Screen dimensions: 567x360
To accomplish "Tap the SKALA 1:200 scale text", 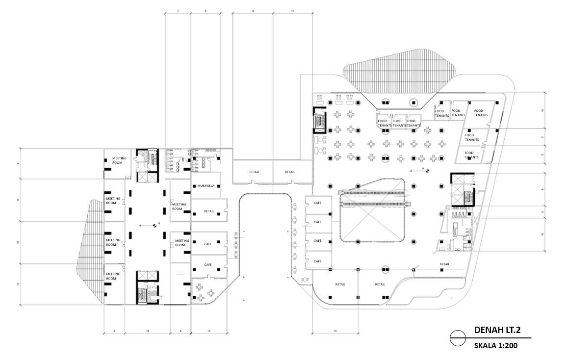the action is (495, 345).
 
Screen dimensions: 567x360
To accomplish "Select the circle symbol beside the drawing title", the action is (458, 338).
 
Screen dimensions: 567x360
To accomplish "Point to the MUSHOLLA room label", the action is (206, 186).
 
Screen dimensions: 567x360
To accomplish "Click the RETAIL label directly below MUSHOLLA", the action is (209, 211).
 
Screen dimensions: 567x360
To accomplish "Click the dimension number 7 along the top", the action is (178, 10).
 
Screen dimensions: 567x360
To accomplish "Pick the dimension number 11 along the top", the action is (292, 10).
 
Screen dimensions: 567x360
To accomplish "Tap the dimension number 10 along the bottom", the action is (209, 332).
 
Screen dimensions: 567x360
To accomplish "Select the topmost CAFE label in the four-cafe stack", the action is (317, 203).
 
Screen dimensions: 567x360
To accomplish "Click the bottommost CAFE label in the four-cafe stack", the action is (317, 261).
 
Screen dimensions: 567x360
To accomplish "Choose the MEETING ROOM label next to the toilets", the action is (119, 160).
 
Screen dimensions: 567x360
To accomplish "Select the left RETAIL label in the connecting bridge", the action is (254, 172).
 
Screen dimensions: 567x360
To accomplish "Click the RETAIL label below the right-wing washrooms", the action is (444, 264).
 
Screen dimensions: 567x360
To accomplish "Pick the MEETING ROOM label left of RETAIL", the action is (179, 206).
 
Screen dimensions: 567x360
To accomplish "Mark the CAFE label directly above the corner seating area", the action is (208, 264).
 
